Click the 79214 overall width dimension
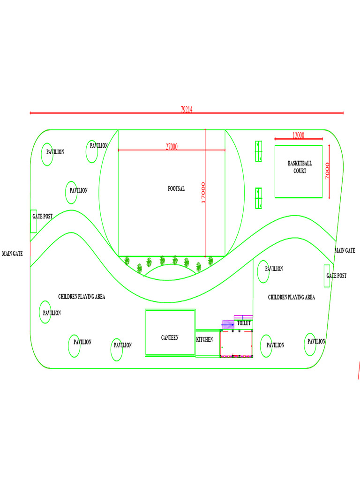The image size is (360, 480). pyautogui.click(x=187, y=109)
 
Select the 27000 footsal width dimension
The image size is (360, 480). pyautogui.click(x=172, y=147)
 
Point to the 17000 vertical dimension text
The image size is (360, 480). pyautogui.click(x=203, y=193)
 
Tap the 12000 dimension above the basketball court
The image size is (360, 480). pyautogui.click(x=298, y=135)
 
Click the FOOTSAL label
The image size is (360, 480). pyautogui.click(x=176, y=188)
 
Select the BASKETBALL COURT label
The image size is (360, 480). pyautogui.click(x=300, y=167)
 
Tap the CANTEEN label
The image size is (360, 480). pyautogui.click(x=170, y=337)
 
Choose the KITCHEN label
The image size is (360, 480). pyautogui.click(x=204, y=339)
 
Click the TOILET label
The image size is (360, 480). pyautogui.click(x=244, y=323)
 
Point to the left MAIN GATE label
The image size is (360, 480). pyautogui.click(x=12, y=254)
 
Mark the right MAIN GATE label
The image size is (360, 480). pyautogui.click(x=345, y=251)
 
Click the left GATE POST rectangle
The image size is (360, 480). pyautogui.click(x=34, y=221)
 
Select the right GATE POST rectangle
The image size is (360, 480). pyautogui.click(x=327, y=276)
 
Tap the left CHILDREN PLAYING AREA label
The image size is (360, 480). pyautogui.click(x=82, y=297)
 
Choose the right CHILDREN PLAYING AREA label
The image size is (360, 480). pyautogui.click(x=291, y=297)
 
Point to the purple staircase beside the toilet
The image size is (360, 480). pyautogui.click(x=228, y=324)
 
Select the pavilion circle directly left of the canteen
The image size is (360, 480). pyautogui.click(x=117, y=349)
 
